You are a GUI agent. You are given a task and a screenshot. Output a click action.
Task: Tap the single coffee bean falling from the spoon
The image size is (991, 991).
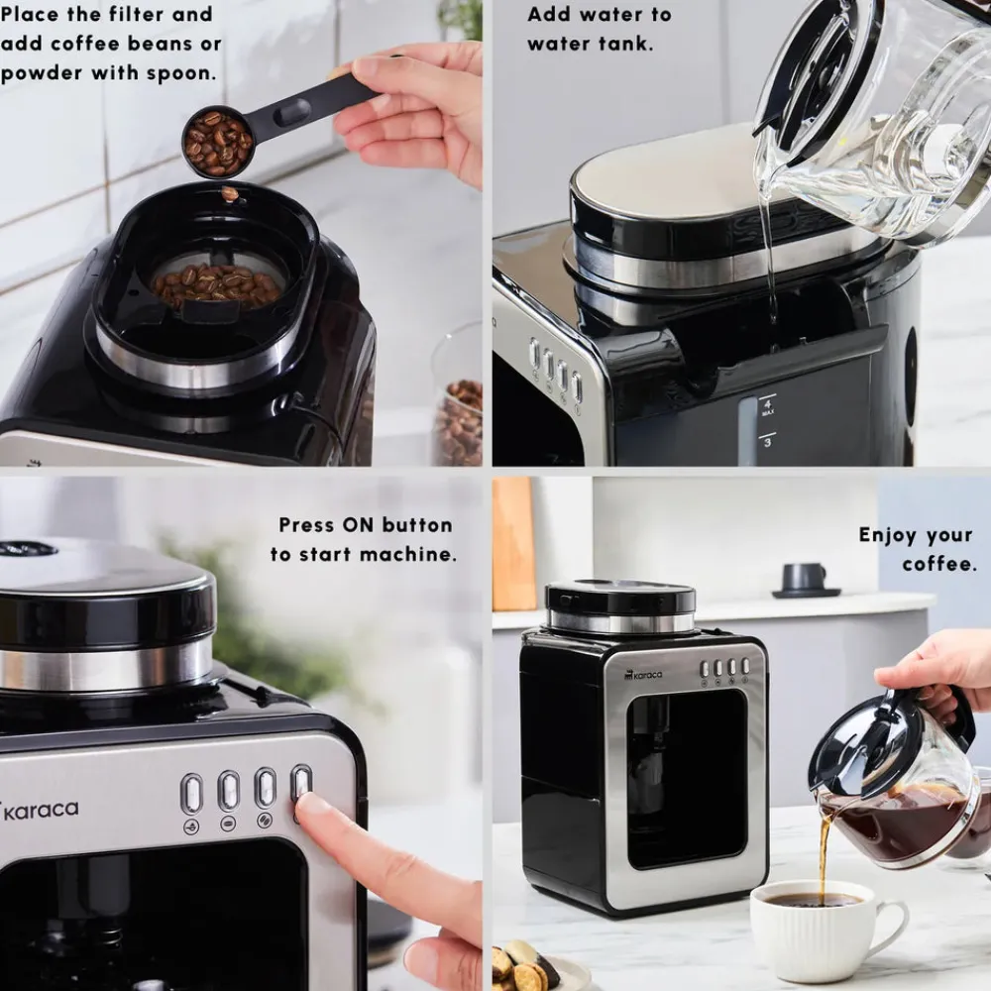230,193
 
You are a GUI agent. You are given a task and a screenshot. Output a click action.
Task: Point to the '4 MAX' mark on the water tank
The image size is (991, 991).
767,405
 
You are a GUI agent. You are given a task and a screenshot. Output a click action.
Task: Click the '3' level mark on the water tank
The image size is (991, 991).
767,441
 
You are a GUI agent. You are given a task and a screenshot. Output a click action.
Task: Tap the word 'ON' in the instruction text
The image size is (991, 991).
359,524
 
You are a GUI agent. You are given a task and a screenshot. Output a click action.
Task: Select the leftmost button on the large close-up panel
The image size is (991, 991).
191,794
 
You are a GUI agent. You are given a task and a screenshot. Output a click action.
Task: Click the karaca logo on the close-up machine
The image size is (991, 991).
40,810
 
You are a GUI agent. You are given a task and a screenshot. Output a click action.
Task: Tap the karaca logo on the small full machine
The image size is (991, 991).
643,675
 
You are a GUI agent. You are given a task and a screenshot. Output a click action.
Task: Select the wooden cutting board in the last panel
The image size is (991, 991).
513,544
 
